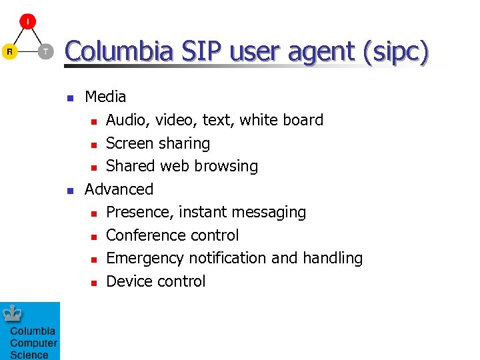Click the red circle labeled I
(x=27, y=22)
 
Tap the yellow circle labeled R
(x=9, y=51)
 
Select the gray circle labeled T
(x=45, y=51)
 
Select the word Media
(x=105, y=97)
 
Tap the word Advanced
(x=119, y=189)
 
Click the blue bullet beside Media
(x=69, y=98)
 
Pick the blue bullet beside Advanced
(x=69, y=190)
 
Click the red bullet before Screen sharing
(x=94, y=145)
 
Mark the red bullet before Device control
(x=94, y=283)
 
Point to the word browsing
(x=229, y=167)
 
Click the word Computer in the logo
(x=33, y=343)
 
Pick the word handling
(x=331, y=259)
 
